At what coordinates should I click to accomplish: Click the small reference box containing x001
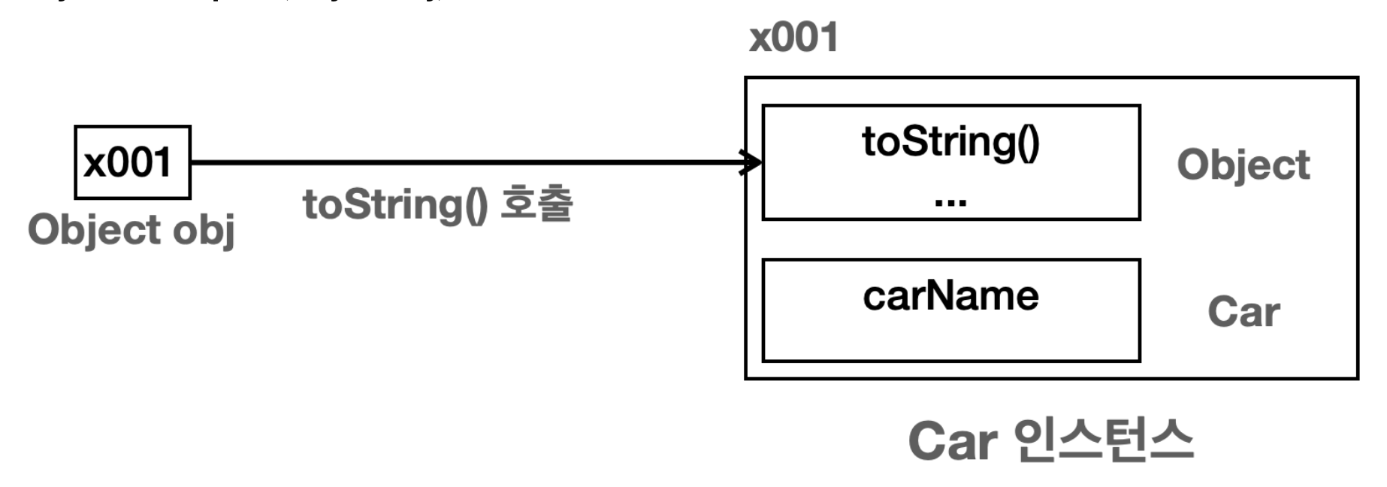coord(132,162)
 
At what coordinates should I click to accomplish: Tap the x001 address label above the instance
coord(793,38)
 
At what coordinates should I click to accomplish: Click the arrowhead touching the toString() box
coord(751,162)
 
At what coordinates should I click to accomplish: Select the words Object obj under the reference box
coord(131,230)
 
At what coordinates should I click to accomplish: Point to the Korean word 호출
coord(536,204)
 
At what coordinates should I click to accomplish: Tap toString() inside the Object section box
coord(950,142)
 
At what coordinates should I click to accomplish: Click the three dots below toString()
coord(950,201)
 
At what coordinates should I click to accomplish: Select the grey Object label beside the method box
coord(1243,165)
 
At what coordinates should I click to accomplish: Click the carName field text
coord(950,296)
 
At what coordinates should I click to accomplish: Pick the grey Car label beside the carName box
coord(1243,312)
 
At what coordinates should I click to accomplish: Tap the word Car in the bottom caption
coord(953,441)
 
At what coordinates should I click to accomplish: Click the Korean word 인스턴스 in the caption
coord(1103,440)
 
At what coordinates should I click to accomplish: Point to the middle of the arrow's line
coord(473,162)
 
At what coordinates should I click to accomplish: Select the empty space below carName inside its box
coord(950,338)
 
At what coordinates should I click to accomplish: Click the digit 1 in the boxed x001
coord(162,162)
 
